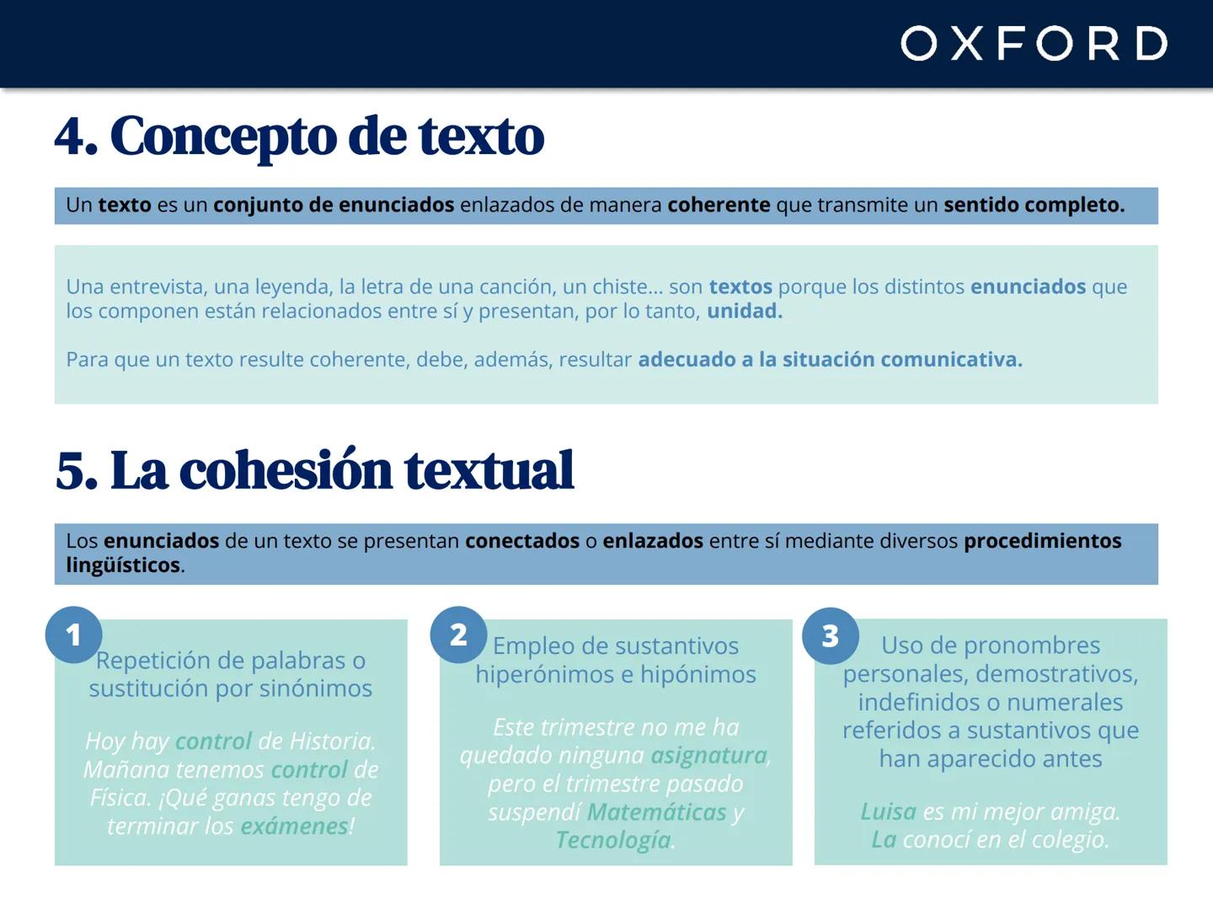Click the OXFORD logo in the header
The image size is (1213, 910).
[x=1034, y=43]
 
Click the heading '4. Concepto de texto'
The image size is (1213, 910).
[x=299, y=136]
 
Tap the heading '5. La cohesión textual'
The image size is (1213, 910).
[x=314, y=470]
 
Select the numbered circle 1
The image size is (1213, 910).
[x=73, y=634]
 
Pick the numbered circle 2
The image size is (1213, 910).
[x=458, y=634]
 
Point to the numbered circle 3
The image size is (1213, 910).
[x=831, y=635]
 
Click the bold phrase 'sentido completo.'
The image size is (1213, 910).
[x=1034, y=205]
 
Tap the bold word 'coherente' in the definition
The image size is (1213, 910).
[x=719, y=205]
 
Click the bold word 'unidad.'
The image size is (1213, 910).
[x=745, y=311]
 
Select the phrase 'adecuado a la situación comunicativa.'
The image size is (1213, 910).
[x=830, y=360]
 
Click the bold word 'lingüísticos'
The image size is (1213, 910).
[x=123, y=565]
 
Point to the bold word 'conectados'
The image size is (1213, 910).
[x=522, y=541]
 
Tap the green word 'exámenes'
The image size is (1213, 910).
[x=294, y=827]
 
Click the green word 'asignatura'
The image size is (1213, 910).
[x=709, y=756]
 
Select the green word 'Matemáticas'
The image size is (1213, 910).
[x=656, y=812]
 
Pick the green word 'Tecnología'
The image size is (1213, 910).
[x=613, y=840]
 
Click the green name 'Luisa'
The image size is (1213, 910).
[x=888, y=811]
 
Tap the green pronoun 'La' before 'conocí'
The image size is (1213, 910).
[x=884, y=839]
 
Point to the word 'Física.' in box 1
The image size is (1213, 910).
[x=120, y=798]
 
